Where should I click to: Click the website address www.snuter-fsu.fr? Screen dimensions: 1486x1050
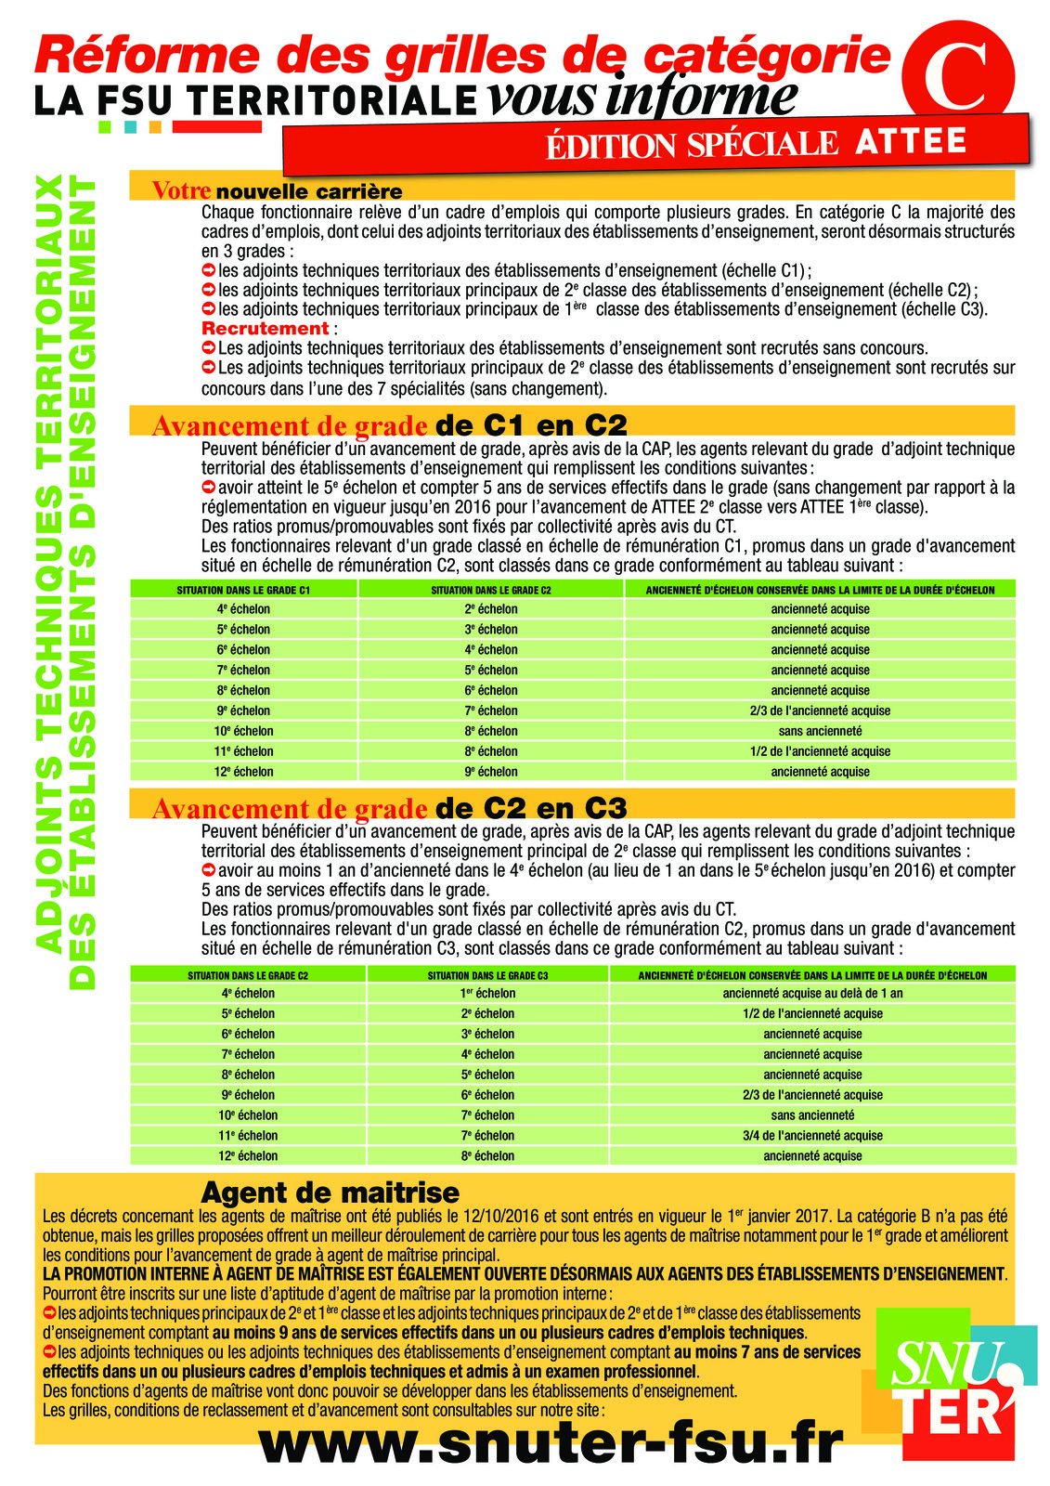(x=550, y=1443)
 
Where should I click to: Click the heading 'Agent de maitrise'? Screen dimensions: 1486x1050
(x=330, y=1192)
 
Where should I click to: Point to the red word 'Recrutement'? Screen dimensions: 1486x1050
(x=266, y=329)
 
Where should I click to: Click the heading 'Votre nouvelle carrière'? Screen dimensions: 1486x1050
(x=277, y=191)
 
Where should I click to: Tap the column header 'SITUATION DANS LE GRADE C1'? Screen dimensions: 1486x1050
(x=243, y=590)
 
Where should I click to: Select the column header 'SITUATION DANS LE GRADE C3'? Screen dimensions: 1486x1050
(x=487, y=975)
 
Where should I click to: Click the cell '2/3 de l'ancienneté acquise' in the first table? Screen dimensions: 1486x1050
(x=820, y=710)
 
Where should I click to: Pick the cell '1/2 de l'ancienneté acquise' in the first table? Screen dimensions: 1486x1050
(x=820, y=751)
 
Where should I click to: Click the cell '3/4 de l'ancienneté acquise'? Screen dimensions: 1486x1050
(x=812, y=1135)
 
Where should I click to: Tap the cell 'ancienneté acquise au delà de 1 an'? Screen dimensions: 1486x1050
(x=812, y=993)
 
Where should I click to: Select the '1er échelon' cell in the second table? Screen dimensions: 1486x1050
(x=487, y=993)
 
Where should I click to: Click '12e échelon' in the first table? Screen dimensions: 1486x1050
(x=243, y=772)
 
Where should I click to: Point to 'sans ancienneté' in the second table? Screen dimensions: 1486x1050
(x=812, y=1114)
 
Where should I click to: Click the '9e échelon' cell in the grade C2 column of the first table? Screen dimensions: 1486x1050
(x=491, y=772)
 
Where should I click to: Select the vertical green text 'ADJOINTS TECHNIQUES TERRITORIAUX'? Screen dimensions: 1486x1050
(x=51, y=567)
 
